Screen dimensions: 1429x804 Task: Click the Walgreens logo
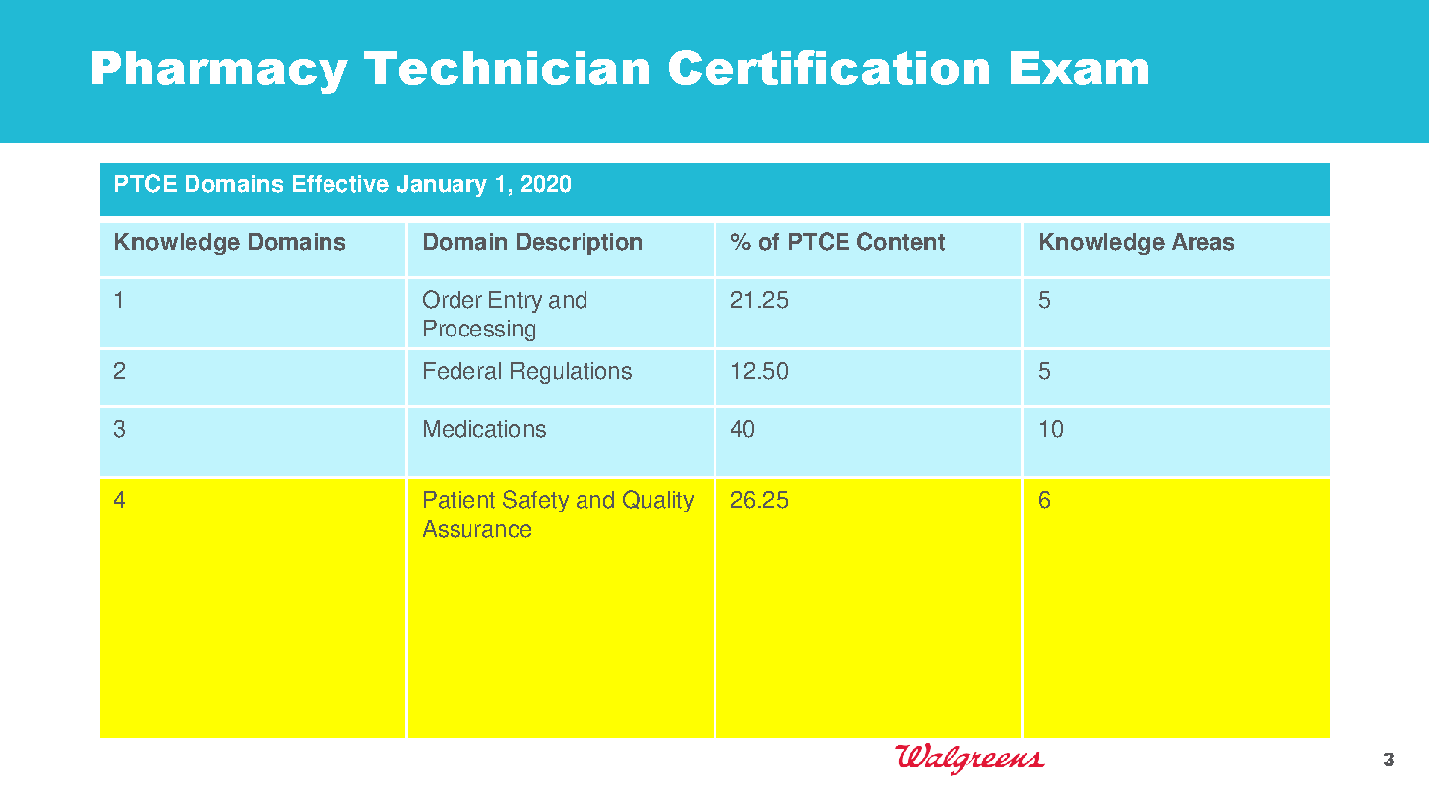pyautogui.click(x=969, y=758)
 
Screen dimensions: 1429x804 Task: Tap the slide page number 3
pyautogui.click(x=1389, y=760)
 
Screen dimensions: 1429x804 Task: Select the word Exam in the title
pyautogui.click(x=1080, y=68)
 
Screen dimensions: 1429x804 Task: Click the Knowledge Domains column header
pyautogui.click(x=229, y=243)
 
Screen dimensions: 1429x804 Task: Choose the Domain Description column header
pyautogui.click(x=532, y=243)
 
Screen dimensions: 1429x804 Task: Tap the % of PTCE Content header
pyautogui.click(x=838, y=242)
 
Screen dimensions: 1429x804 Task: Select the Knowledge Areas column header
pyautogui.click(x=1136, y=243)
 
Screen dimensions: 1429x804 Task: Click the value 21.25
pyautogui.click(x=759, y=300)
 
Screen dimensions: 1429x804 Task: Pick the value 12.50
pyautogui.click(x=759, y=371)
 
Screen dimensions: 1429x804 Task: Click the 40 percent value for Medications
pyautogui.click(x=742, y=429)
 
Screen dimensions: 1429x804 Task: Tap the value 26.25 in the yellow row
pyautogui.click(x=759, y=500)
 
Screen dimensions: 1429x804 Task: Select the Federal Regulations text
pyautogui.click(x=527, y=372)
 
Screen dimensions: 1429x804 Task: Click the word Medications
pyautogui.click(x=484, y=429)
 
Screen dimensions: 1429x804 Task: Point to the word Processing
pyautogui.click(x=479, y=330)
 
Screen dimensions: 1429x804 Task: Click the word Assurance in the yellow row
pyautogui.click(x=476, y=529)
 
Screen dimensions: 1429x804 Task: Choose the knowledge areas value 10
pyautogui.click(x=1051, y=429)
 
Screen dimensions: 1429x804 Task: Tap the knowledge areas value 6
pyautogui.click(x=1044, y=500)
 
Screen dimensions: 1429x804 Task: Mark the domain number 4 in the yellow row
pyautogui.click(x=119, y=500)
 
